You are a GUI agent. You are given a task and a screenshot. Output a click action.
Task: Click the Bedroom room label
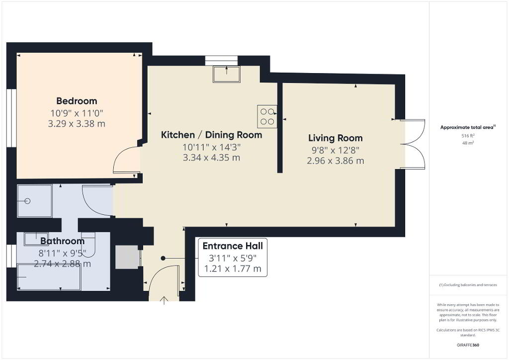coord(77,101)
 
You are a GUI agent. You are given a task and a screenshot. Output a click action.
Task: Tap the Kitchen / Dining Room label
coord(212,135)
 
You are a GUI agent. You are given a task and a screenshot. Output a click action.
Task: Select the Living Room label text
coord(336,138)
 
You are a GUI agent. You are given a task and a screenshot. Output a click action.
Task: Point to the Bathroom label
coord(62,241)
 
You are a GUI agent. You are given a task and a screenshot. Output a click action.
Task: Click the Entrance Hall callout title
coord(233,246)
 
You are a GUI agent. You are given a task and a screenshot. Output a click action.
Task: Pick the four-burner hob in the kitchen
coord(267,116)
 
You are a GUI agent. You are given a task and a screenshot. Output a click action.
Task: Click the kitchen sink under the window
coord(227,75)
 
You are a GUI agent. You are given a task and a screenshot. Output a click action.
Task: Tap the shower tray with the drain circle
coord(34,201)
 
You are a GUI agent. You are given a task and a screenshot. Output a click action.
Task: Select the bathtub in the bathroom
coord(49,277)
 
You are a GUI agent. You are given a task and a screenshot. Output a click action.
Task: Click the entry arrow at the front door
coord(164,301)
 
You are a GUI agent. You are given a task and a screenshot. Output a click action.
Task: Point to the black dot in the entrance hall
coord(163,259)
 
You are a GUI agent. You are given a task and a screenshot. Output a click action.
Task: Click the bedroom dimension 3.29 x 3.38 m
coord(77,124)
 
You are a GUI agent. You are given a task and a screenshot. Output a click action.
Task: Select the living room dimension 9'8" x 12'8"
coord(336,150)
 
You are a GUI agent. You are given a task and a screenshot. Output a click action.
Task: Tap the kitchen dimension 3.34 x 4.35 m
coord(212,158)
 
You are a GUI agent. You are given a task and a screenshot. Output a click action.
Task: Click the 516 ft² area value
coord(468,136)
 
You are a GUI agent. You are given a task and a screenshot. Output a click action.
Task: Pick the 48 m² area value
coord(468,143)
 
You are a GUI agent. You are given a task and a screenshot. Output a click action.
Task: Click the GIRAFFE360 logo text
coord(468,345)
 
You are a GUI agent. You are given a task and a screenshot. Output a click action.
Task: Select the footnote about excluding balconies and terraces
coord(468,285)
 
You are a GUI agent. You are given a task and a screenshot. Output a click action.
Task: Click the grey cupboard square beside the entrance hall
coord(127,257)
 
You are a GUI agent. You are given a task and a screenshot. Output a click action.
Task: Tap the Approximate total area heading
coord(468,127)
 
